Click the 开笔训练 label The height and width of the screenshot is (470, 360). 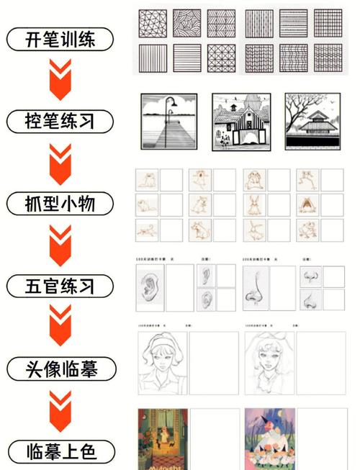click(60, 39)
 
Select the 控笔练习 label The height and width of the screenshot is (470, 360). click(60, 120)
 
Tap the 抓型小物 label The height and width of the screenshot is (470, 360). click(60, 204)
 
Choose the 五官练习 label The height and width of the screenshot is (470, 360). click(60, 286)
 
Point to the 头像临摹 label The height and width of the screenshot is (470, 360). click(60, 370)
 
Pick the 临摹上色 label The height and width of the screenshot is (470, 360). click(60, 452)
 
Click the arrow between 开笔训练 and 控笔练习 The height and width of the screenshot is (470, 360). click(60, 79)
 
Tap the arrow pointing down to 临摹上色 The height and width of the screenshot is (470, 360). click(60, 411)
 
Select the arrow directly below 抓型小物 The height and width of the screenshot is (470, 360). click(60, 245)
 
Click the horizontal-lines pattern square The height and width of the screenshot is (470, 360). click(186, 58)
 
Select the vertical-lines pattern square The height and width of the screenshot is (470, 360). click(153, 58)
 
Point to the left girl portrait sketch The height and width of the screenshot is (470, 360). click(163, 363)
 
